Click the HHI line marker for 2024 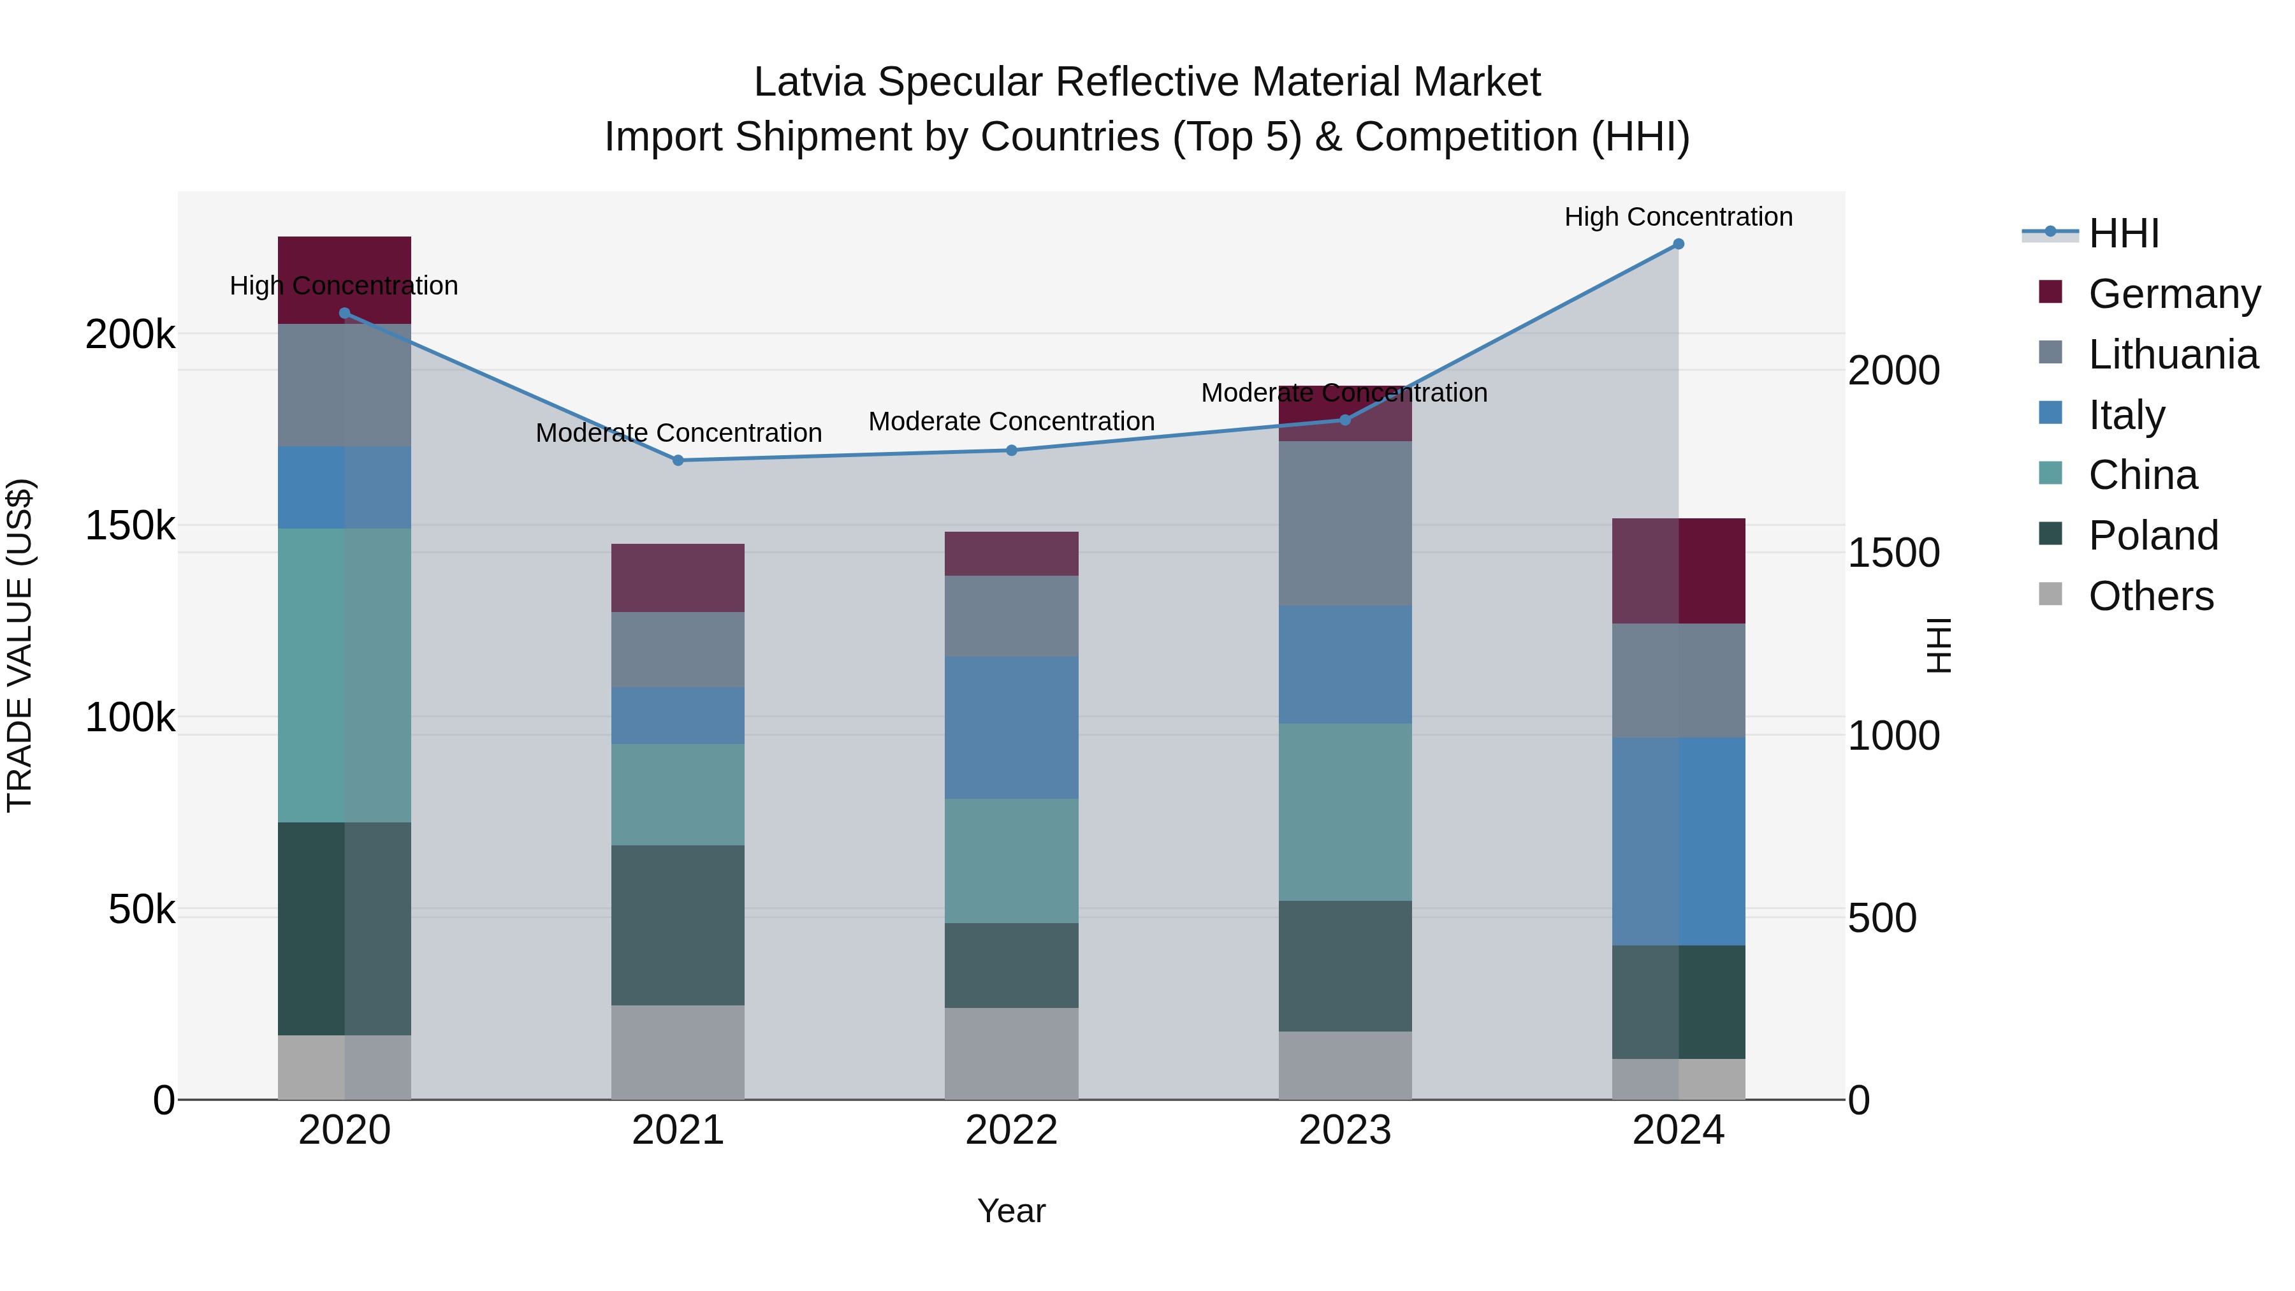click(1679, 244)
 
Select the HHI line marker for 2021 click(678, 461)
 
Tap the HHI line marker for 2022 click(1011, 451)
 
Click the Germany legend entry click(2173, 294)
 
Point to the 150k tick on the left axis click(130, 527)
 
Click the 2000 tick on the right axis click(1893, 370)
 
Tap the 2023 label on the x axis click(1344, 1130)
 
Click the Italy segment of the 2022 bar click(1011, 728)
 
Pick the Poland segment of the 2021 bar click(678, 925)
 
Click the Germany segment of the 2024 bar click(1679, 571)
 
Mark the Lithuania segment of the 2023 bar click(1344, 524)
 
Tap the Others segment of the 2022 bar click(1011, 1053)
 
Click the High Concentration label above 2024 click(1679, 217)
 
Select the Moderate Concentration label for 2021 click(678, 433)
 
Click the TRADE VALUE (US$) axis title click(20, 645)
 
